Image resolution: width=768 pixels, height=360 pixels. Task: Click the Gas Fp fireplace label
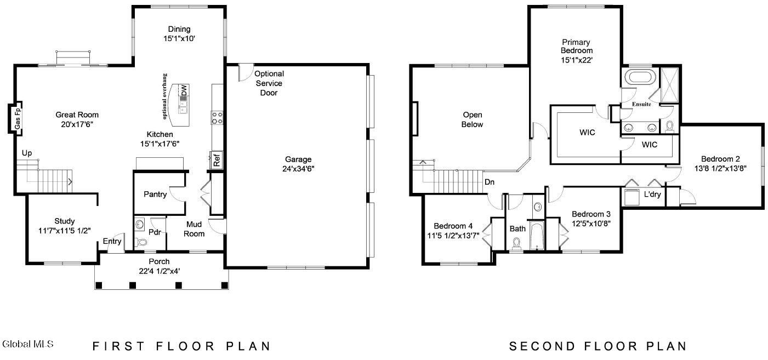coord(18,118)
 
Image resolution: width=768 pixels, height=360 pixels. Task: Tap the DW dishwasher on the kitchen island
coord(184,91)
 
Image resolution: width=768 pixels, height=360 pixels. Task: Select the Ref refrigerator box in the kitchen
coord(217,161)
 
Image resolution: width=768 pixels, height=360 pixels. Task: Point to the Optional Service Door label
coord(269,83)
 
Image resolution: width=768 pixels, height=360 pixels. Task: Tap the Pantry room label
coord(155,194)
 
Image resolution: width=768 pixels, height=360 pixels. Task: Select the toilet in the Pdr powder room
coord(141,242)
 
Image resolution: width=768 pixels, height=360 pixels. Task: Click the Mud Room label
coord(194,229)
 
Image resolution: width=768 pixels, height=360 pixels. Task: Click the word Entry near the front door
coord(112,242)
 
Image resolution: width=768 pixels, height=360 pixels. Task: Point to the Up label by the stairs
coord(27,152)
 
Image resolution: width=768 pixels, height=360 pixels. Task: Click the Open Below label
coord(472,119)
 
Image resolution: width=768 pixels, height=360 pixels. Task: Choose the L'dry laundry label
coord(652,195)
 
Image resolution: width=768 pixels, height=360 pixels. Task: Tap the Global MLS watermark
coord(28,344)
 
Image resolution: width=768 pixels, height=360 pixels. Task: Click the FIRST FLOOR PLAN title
coord(181,346)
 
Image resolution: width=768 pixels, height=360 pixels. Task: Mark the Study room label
coord(65,221)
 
